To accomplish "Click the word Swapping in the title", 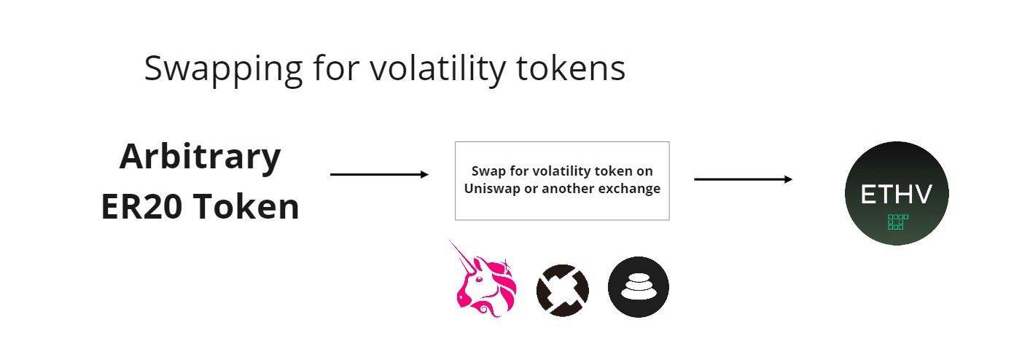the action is pos(223,69).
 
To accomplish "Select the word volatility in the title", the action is pos(437,69).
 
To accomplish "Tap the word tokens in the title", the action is pos(571,69).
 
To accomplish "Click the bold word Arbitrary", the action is pos(200,157).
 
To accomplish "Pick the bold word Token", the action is pos(247,207).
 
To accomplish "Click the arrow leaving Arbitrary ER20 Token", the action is pos(379,174).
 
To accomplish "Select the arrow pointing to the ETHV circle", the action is pos(743,179).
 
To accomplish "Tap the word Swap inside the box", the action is pos(488,171).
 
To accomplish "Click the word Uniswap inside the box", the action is pos(492,189).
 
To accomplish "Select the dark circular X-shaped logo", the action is pos(562,290).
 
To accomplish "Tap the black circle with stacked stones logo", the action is pos(639,287).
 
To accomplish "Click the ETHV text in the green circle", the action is pos(896,195).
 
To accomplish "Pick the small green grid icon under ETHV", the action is pos(898,222).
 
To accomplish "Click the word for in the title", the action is pos(336,68).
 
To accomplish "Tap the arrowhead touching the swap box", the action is pos(425,174).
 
